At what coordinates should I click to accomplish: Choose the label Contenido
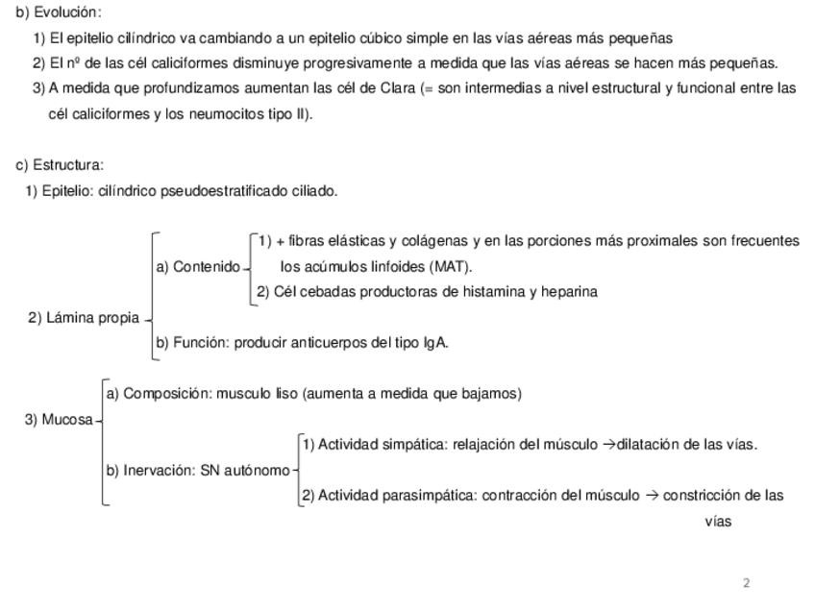pyautogui.click(x=207, y=266)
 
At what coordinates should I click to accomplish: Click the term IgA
pyautogui.click(x=434, y=342)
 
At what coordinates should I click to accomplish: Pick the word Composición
pyautogui.click(x=166, y=393)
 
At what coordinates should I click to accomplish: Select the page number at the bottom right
pyautogui.click(x=747, y=582)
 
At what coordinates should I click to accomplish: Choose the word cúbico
pyautogui.click(x=407, y=38)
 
